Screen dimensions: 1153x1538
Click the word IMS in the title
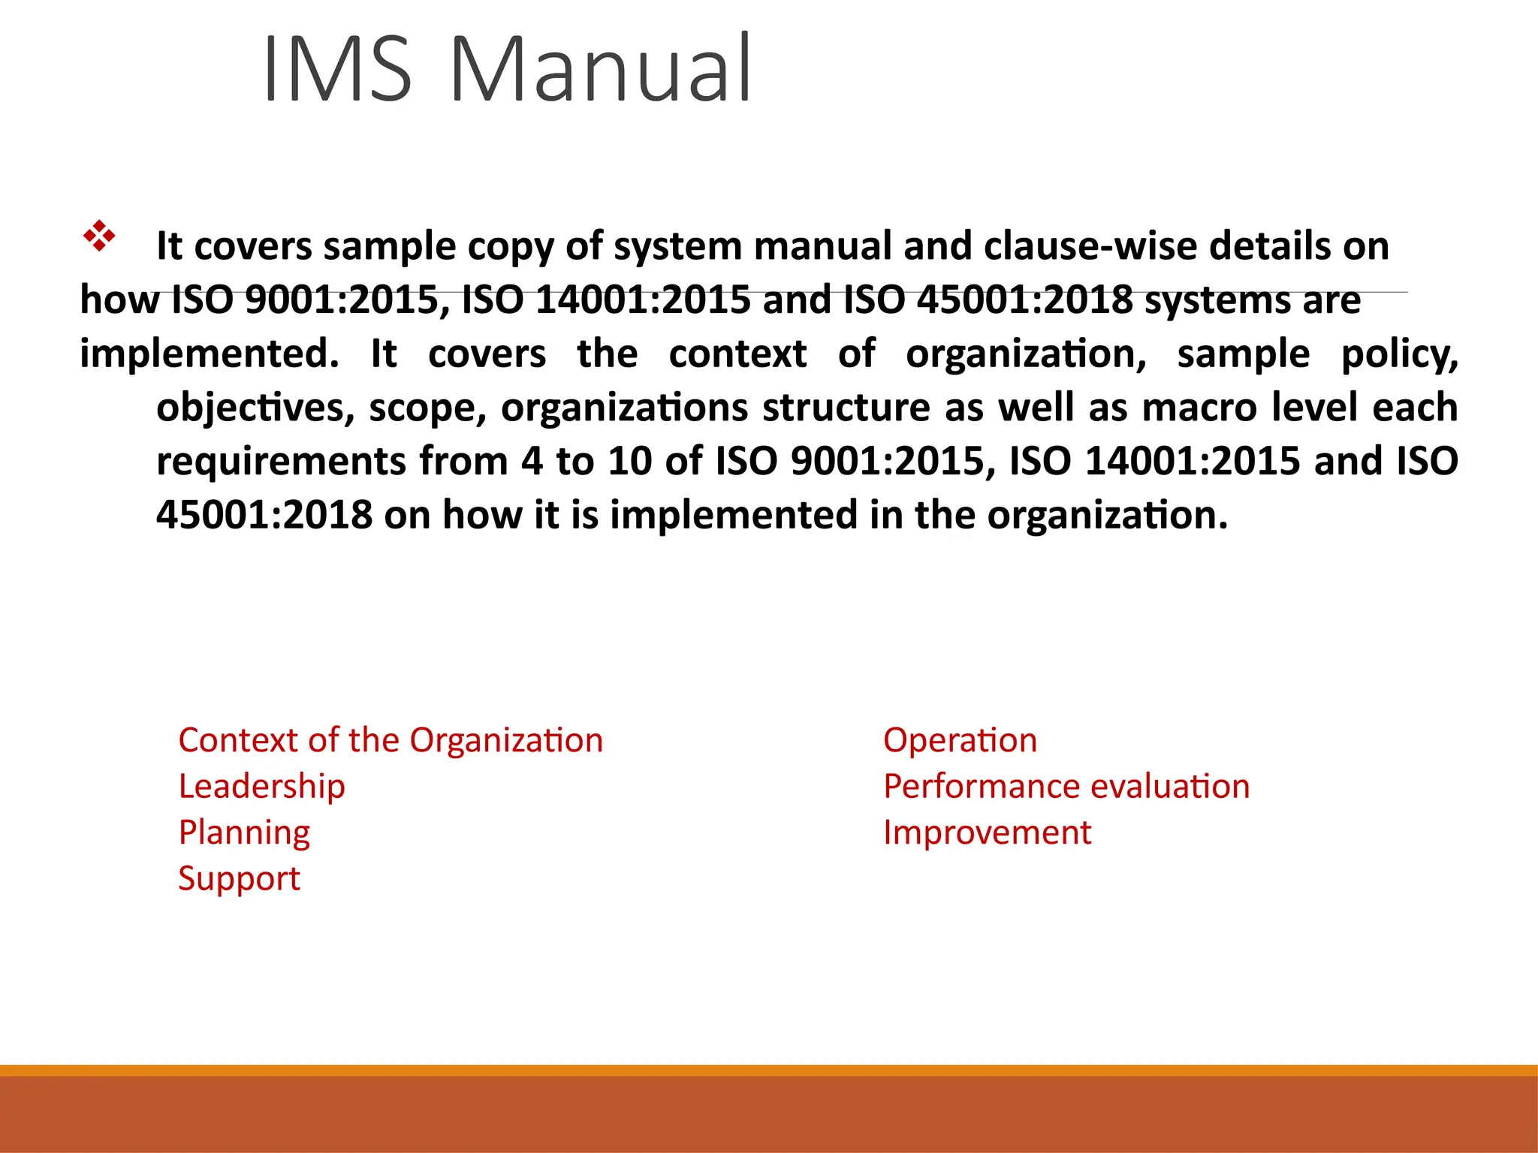pyautogui.click(x=338, y=69)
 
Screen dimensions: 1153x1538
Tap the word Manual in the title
pyautogui.click(x=600, y=69)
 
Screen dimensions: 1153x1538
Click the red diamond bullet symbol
pyautogui.click(x=99, y=236)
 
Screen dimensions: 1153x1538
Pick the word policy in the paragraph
pyautogui.click(x=1399, y=354)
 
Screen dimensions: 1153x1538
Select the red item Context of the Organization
pyautogui.click(x=391, y=741)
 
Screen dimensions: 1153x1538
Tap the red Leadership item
pyautogui.click(x=262, y=787)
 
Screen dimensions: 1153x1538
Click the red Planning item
pyautogui.click(x=244, y=833)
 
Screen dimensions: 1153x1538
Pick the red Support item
pyautogui.click(x=239, y=879)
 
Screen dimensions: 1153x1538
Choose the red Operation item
pyautogui.click(x=960, y=741)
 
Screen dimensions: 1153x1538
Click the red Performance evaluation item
pyautogui.click(x=1066, y=787)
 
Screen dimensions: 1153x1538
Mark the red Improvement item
pyautogui.click(x=987, y=833)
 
